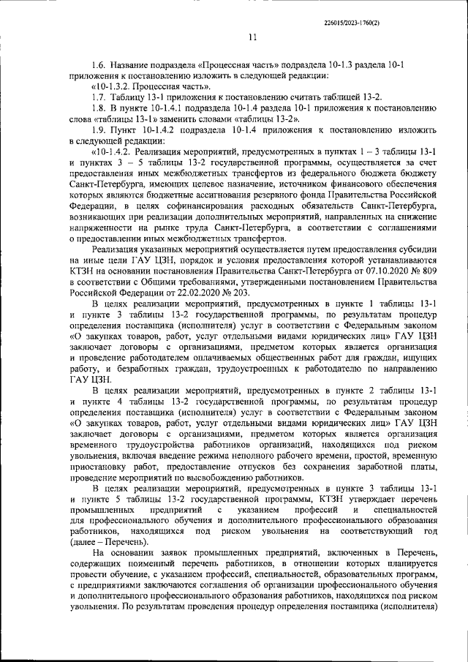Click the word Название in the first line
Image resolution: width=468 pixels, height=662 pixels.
tap(134, 64)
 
